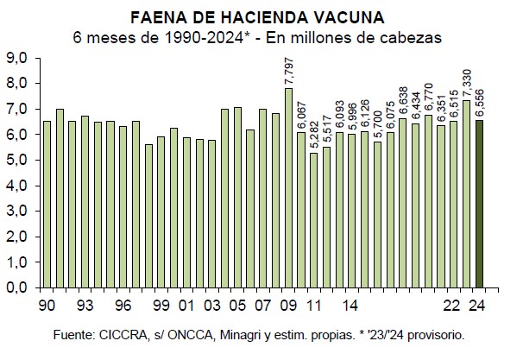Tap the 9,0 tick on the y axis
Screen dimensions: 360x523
[18, 58]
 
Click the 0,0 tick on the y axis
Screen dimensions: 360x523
[18, 287]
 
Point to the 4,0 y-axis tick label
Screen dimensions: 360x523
[18, 186]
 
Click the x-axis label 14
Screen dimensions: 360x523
[350, 305]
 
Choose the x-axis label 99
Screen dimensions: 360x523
[161, 305]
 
